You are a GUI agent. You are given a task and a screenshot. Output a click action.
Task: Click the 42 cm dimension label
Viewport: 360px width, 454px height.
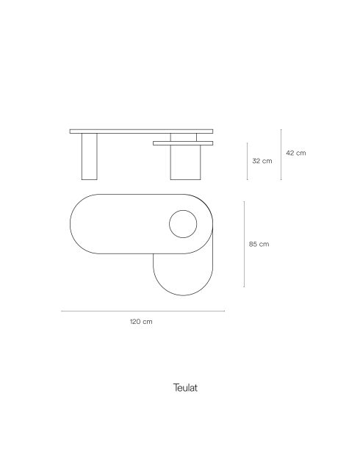pos(295,153)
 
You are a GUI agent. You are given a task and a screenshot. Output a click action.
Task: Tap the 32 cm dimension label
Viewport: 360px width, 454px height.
pos(262,161)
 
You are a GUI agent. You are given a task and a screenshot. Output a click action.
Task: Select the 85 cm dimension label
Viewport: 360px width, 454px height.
pos(259,244)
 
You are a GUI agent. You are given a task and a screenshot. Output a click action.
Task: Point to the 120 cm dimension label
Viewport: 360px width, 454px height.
pos(141,322)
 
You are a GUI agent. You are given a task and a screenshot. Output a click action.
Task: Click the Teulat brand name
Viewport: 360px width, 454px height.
pos(185,388)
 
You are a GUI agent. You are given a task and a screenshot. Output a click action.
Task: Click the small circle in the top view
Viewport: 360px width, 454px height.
pos(183,210)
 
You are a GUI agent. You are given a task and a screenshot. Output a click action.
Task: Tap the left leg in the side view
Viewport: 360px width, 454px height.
pos(90,156)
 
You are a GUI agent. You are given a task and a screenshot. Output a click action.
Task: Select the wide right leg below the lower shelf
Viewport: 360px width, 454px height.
pos(185,162)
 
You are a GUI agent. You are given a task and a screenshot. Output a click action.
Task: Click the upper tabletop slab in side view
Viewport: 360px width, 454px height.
pos(141,131)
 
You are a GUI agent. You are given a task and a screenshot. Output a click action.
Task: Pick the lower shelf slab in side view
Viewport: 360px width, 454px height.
pos(183,143)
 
